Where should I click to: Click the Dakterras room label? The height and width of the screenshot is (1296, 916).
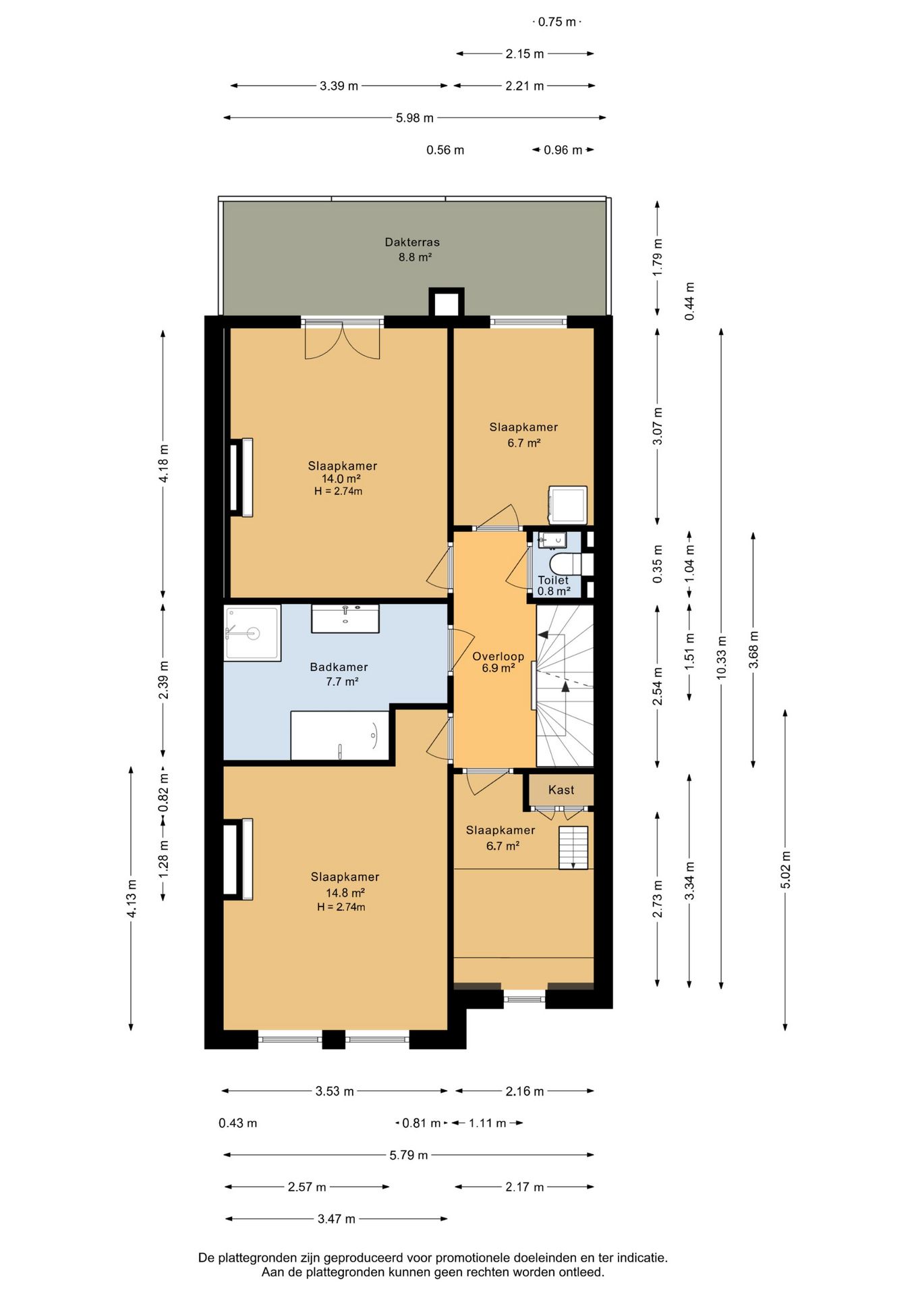click(x=412, y=242)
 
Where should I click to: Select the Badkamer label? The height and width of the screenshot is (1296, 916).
click(x=339, y=667)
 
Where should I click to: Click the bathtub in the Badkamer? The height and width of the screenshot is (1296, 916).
click(x=340, y=735)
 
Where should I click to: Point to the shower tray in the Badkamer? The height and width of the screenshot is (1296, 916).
click(x=252, y=633)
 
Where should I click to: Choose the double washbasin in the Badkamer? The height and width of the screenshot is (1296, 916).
click(x=345, y=618)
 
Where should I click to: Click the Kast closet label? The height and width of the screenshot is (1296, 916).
click(x=561, y=790)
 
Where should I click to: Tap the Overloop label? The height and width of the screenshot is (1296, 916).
click(x=498, y=656)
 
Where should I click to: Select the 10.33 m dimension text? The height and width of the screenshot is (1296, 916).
click(x=721, y=657)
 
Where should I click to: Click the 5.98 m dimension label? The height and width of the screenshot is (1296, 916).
click(x=415, y=118)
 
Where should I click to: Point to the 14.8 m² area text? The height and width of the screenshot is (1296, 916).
click(x=345, y=892)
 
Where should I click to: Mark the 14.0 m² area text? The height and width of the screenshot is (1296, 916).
click(x=341, y=479)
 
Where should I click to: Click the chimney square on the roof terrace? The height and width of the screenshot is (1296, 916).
click(x=447, y=302)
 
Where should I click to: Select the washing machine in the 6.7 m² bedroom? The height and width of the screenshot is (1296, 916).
click(x=567, y=505)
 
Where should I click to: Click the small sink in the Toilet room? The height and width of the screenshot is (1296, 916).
click(x=552, y=540)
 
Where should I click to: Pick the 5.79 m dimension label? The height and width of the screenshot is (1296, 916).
click(x=409, y=1155)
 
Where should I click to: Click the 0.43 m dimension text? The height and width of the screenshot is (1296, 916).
click(x=237, y=1123)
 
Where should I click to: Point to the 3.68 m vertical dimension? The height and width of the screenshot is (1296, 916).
click(x=753, y=649)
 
